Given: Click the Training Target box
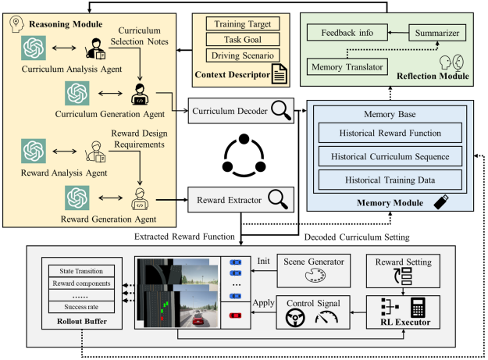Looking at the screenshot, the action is point(243,23).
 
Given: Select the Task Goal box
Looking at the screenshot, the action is point(243,40).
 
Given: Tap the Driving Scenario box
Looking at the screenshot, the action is point(243,55).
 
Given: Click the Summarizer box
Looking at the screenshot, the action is point(437,33).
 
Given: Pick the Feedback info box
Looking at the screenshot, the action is point(347,33).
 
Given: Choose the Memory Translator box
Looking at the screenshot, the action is point(347,66).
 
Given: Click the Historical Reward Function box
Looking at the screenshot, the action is point(390,133).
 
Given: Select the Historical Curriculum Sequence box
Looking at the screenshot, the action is point(390,156).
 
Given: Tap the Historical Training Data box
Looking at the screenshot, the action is point(390,180).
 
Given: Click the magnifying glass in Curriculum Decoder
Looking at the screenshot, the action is point(281,111).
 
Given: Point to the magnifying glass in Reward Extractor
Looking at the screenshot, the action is point(278,199).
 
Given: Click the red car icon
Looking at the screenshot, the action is point(235,315).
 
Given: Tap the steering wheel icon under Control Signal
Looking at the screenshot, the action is point(295,319).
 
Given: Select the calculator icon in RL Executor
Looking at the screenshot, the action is point(418,307).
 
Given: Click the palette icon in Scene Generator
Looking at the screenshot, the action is point(315,276).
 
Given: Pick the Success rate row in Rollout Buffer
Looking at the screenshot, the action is point(81,307).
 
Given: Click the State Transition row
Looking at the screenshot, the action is point(81,271).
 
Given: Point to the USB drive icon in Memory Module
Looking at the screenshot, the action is point(441,201).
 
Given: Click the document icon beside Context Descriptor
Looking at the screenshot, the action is point(280,73).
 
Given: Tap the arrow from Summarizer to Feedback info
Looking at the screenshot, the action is point(398,32).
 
